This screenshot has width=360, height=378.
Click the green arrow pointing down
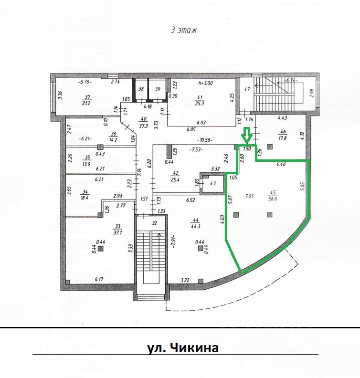(x=246, y=136)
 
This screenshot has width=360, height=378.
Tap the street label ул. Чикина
(x=183, y=347)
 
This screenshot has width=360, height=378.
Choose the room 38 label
(x=141, y=89)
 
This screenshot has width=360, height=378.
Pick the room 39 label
(x=158, y=89)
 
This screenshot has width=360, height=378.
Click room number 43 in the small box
(x=213, y=183)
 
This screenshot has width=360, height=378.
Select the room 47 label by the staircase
(x=247, y=89)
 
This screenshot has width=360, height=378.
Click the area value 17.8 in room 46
(x=283, y=138)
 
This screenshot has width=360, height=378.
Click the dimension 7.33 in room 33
(x=130, y=248)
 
